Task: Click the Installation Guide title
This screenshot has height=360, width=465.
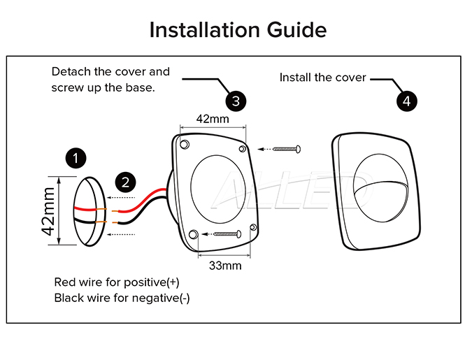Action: tap(238, 30)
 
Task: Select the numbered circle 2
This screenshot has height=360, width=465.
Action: tap(124, 183)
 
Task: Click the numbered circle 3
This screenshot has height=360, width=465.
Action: tap(236, 101)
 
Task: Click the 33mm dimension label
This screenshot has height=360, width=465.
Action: tap(225, 266)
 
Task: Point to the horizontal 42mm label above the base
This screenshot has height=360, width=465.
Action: tap(213, 119)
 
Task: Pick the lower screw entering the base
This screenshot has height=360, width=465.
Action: tap(225, 233)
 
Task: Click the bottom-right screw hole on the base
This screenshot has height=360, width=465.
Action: tap(254, 228)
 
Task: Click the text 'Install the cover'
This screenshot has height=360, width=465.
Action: tap(322, 77)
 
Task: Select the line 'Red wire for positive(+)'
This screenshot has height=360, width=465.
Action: tap(117, 282)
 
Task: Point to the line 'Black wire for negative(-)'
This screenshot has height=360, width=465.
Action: tap(122, 298)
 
